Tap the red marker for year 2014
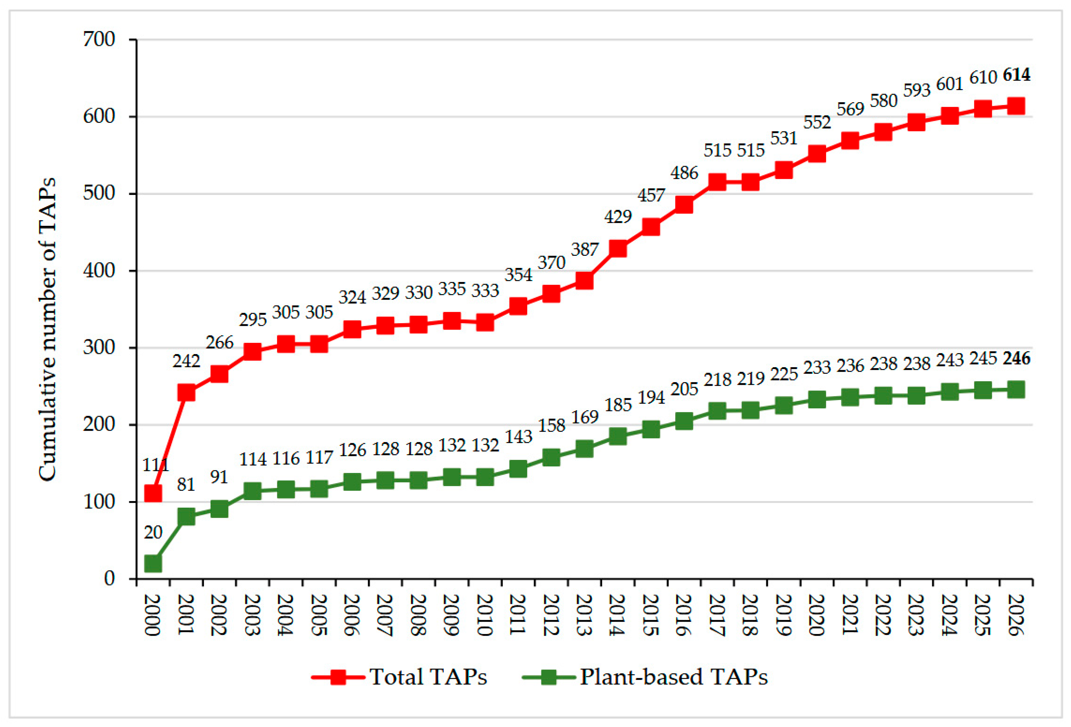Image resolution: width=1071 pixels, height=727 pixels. [x=618, y=248]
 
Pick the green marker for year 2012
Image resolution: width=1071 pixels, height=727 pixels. [x=551, y=458]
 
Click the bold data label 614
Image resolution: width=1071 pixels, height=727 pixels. [x=1017, y=75]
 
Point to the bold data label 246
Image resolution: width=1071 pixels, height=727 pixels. [x=1017, y=358]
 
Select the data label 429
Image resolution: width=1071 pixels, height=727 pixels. [x=618, y=216]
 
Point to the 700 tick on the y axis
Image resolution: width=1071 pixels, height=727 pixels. [x=99, y=40]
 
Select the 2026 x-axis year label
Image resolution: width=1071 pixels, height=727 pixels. [x=1016, y=615]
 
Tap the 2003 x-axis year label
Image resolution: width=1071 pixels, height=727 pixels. [x=252, y=615]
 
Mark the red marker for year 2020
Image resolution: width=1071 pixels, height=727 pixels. [x=817, y=154]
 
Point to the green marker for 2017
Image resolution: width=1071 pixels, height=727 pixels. [x=717, y=410]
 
